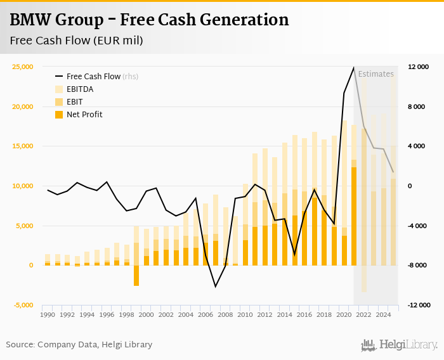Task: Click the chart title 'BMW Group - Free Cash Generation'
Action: (x=149, y=20)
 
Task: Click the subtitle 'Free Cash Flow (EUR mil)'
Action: (x=76, y=41)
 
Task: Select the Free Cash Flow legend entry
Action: (x=93, y=76)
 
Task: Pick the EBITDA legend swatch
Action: (x=60, y=89)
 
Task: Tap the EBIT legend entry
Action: (x=74, y=101)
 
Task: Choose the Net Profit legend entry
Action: (x=84, y=114)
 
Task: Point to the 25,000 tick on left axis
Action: (x=22, y=67)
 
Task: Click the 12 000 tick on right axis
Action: (x=419, y=67)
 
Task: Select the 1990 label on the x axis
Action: (x=47, y=314)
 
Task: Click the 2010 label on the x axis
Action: (x=245, y=314)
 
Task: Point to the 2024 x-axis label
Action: (x=382, y=314)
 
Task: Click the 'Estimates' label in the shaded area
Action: (x=376, y=74)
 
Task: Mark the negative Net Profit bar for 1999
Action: (x=136, y=276)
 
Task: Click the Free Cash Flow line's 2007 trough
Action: (x=216, y=286)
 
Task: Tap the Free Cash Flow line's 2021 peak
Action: (x=354, y=67)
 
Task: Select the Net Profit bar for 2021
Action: (x=354, y=215)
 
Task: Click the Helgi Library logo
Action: (x=400, y=345)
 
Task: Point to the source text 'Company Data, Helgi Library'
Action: (x=95, y=345)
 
